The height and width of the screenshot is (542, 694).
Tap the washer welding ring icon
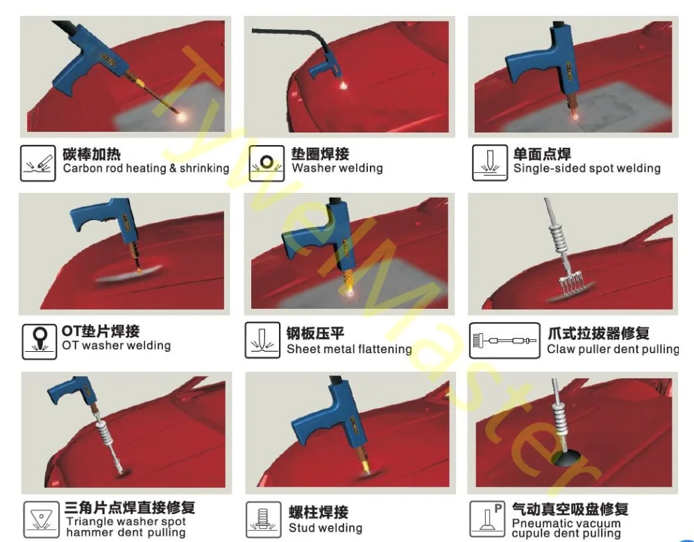tap(266, 162)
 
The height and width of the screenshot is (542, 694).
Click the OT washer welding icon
tap(39, 340)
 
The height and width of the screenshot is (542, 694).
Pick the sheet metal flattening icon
tap(262, 341)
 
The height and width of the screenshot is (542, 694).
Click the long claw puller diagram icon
tap(505, 341)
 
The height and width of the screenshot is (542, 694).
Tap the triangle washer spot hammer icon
tap(40, 518)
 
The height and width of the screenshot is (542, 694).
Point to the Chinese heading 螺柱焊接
tap(318, 512)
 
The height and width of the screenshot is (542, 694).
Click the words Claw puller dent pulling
tap(613, 349)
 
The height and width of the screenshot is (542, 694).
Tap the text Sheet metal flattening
tap(349, 349)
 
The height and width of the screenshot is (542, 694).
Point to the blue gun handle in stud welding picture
tap(319, 427)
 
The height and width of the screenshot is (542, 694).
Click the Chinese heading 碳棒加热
tap(91, 153)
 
